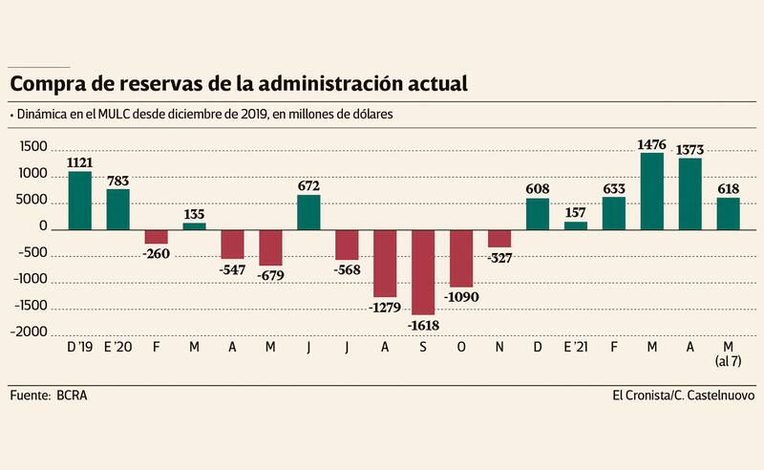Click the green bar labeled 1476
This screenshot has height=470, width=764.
651,190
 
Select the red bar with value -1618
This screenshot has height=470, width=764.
423,271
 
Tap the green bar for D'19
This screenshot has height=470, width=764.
79,200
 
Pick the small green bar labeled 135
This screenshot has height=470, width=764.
194,225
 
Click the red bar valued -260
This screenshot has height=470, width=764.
156,236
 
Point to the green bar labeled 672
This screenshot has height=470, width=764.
308,212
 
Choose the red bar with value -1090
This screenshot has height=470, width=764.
461,258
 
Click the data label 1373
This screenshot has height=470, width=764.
690,150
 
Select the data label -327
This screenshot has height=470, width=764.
499,256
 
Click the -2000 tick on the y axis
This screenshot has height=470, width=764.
32,332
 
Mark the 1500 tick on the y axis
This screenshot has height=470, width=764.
33,148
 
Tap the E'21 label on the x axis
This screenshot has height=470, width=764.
576,347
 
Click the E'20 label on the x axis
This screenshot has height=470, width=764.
117,347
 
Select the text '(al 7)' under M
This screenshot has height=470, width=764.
728,362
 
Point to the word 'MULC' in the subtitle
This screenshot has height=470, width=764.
102,115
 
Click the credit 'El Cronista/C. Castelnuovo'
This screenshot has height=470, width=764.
683,395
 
